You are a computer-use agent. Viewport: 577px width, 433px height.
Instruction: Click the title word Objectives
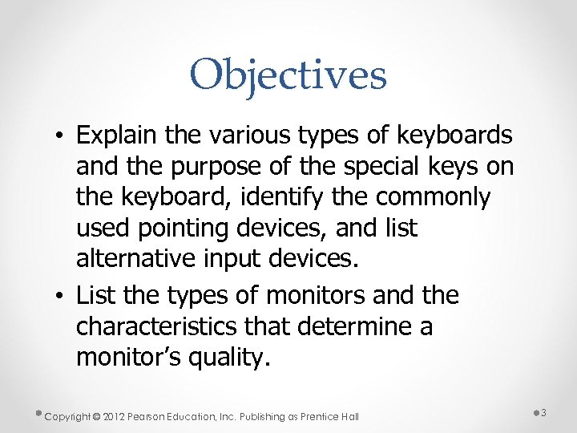click(x=288, y=76)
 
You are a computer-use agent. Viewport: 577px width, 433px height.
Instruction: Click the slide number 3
click(x=543, y=413)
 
